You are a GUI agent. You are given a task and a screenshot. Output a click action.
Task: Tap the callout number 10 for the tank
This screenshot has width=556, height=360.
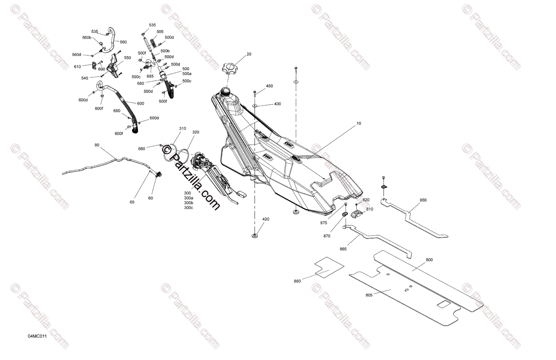[x=359, y=124]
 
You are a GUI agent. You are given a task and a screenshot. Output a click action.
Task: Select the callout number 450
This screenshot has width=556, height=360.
[x=269, y=86]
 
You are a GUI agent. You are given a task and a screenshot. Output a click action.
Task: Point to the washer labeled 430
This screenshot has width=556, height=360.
[x=255, y=106]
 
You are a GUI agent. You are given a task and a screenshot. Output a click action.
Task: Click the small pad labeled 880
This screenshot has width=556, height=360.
[x=329, y=266]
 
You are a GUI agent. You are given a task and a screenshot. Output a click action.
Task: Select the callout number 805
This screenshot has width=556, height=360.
[x=369, y=295]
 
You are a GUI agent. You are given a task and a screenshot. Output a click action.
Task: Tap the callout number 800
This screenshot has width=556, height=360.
[x=429, y=260]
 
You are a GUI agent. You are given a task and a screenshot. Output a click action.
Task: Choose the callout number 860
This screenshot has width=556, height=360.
[x=423, y=200]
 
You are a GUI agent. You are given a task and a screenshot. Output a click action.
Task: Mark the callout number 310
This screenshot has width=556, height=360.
[x=183, y=128]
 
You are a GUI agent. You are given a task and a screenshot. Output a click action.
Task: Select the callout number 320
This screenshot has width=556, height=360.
[x=196, y=132]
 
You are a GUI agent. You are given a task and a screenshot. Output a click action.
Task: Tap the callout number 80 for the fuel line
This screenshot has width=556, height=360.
[x=97, y=145]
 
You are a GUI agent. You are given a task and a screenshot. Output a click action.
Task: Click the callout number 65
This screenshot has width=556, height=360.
[x=132, y=202]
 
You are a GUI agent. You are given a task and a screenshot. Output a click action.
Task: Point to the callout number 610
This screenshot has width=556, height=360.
[x=77, y=67]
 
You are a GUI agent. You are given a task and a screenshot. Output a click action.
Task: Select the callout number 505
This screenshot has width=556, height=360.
[x=160, y=32]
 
